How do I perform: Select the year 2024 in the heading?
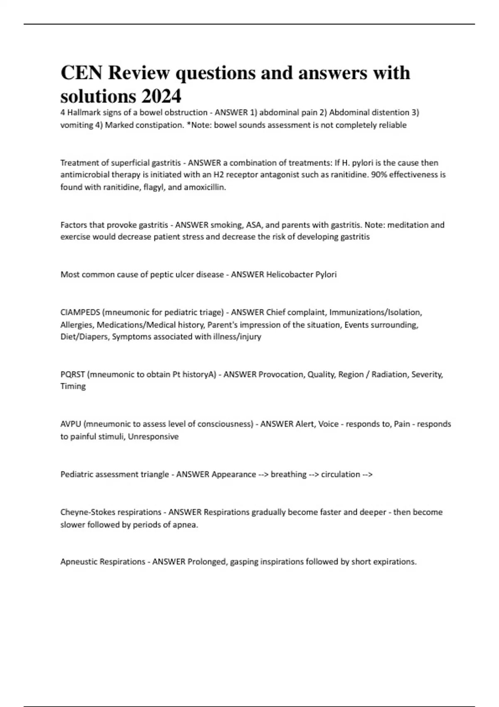coord(161,96)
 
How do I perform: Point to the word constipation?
coord(157,125)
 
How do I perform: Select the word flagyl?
coord(154,187)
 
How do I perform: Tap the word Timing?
coord(73,386)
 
